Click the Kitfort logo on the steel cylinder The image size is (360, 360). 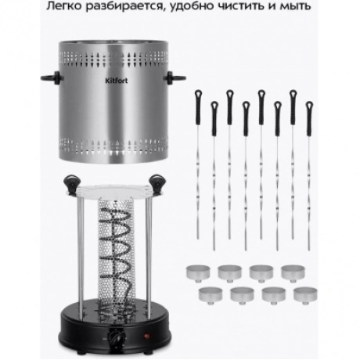pyautogui.click(x=117, y=81)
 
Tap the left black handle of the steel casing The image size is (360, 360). pyautogui.click(x=52, y=77)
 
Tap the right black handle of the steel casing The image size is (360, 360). pyautogui.click(x=175, y=77)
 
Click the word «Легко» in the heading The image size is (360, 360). pyautogui.click(x=63, y=6)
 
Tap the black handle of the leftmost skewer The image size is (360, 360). pyautogui.click(x=198, y=107)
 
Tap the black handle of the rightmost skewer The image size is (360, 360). pyautogui.click(x=309, y=119)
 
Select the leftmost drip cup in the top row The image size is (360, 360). pyautogui.click(x=198, y=273)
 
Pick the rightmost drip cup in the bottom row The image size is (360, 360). pyautogui.click(x=305, y=295)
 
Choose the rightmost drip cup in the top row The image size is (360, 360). pyautogui.click(x=293, y=273)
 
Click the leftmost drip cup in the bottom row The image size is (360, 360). pyautogui.click(x=211, y=295)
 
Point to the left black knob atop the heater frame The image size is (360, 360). pyautogui.click(x=71, y=183)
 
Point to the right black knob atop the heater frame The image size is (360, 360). pyautogui.click(x=157, y=183)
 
